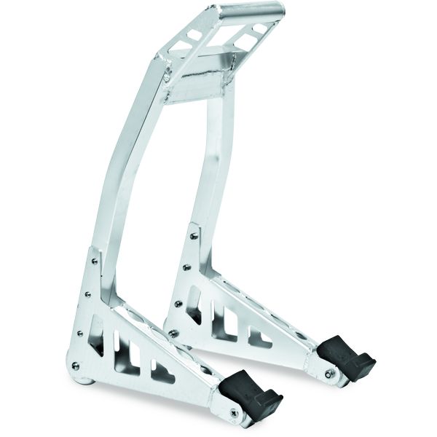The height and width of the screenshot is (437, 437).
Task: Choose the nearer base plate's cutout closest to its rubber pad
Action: click(162, 371)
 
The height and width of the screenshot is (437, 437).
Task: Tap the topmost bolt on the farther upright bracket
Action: click(194, 235)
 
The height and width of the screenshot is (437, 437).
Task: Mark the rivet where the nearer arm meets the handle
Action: click(167, 73)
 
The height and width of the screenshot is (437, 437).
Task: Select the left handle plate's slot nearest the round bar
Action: click(195, 34)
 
